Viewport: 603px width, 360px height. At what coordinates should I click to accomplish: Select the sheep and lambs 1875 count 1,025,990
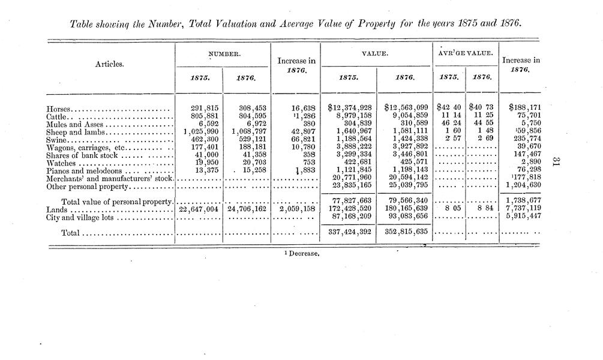(x=195, y=131)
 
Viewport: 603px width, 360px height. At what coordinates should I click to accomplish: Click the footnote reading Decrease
(x=303, y=253)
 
